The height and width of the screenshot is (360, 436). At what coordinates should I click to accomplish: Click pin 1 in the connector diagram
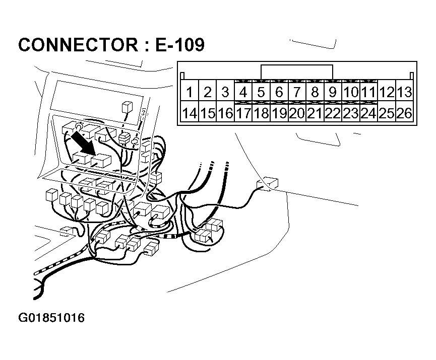(x=190, y=92)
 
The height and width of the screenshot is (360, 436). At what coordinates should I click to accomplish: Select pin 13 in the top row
(x=404, y=92)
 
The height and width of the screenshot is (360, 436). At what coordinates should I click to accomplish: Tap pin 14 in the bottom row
(x=190, y=113)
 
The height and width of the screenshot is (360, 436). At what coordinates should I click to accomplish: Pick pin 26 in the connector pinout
(x=404, y=113)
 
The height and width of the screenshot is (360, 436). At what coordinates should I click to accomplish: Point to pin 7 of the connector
(x=297, y=92)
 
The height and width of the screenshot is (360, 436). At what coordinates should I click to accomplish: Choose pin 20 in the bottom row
(x=297, y=113)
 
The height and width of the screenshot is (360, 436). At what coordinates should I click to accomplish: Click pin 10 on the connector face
(x=351, y=92)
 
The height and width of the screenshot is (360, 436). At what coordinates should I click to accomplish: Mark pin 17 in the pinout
(x=243, y=113)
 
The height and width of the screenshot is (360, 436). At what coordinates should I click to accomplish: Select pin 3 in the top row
(x=225, y=92)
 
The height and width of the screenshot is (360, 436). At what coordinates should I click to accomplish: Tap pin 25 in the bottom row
(x=387, y=113)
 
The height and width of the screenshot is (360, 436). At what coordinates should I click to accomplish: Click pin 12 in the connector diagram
(x=387, y=92)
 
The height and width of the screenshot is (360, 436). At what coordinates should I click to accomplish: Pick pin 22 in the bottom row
(x=333, y=113)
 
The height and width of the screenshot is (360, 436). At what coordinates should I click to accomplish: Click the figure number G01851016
(x=51, y=318)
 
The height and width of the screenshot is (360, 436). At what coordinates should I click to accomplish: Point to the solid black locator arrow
(x=84, y=143)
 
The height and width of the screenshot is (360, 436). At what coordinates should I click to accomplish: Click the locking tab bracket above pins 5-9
(x=297, y=72)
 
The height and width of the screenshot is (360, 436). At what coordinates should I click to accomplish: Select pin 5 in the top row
(x=261, y=92)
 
